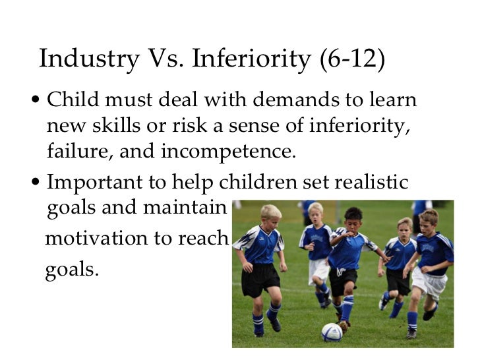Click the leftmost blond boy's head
(x=270, y=213)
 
